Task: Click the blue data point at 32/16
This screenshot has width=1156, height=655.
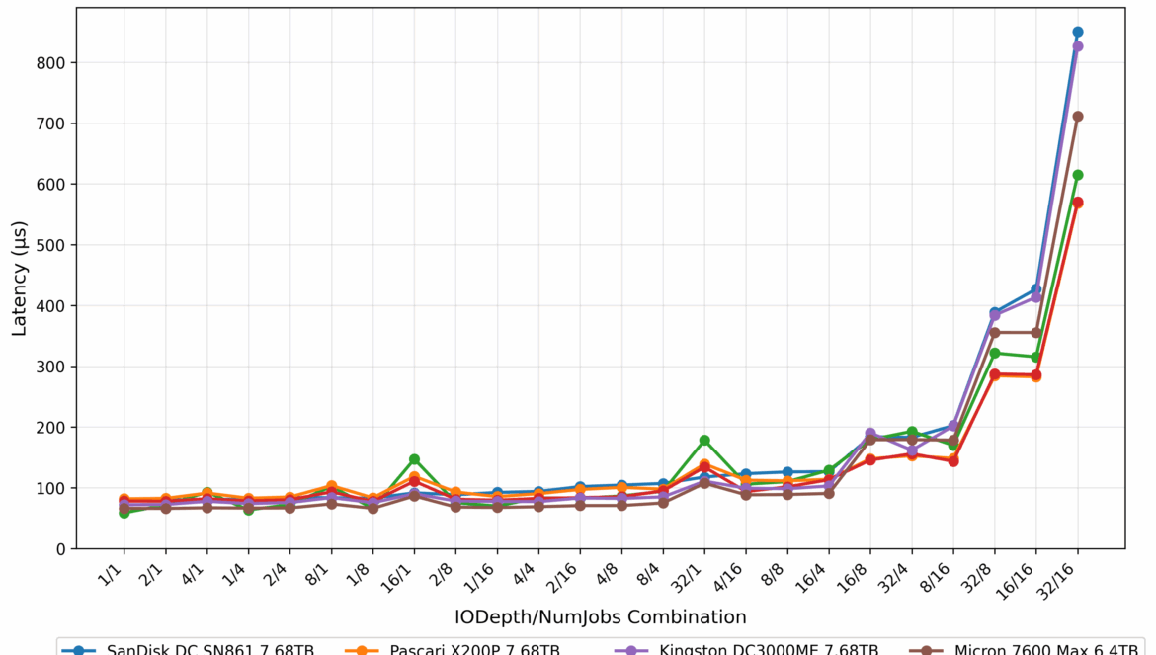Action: coord(1078,32)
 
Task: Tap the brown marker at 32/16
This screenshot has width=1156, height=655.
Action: coord(1078,117)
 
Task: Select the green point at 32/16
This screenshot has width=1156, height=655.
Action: coord(1078,175)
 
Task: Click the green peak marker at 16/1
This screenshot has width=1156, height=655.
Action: coord(414,459)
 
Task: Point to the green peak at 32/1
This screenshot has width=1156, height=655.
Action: coord(704,441)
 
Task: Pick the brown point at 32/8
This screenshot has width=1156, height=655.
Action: coord(995,333)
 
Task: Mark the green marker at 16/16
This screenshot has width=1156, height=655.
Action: coord(1036,357)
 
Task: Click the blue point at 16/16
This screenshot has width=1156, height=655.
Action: coord(1036,289)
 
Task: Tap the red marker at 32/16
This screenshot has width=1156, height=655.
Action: coord(1078,203)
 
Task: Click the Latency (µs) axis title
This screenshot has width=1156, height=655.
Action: coord(20,279)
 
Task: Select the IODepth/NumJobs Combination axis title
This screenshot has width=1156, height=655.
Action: coord(601,617)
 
